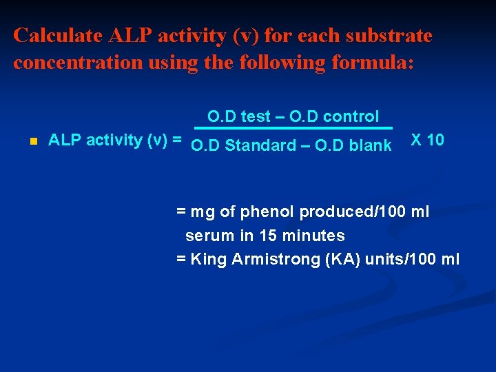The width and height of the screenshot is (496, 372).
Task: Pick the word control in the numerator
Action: click(x=351, y=117)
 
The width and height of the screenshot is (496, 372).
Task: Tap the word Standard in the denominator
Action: click(x=258, y=145)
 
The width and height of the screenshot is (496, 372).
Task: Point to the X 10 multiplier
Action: click(x=427, y=140)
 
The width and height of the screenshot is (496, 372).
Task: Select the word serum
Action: click(x=210, y=236)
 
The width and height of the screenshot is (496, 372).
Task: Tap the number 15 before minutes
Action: click(x=268, y=236)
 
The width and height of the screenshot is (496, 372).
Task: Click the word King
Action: click(x=209, y=259)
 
